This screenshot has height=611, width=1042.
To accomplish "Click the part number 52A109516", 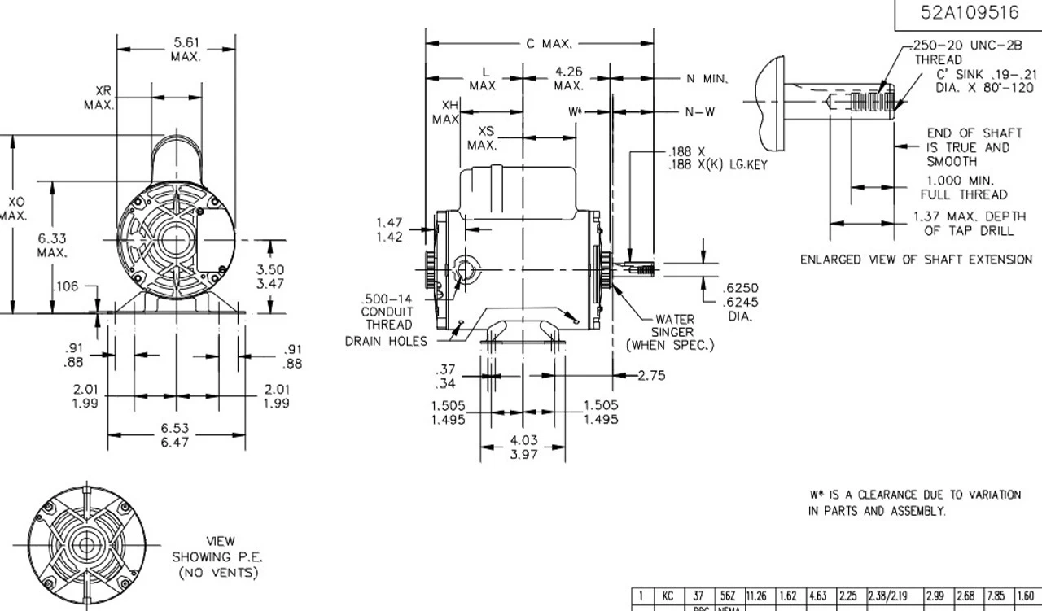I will (x=969, y=13).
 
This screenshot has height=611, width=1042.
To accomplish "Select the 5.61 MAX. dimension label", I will (x=186, y=50).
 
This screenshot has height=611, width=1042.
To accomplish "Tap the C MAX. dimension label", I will (x=549, y=43).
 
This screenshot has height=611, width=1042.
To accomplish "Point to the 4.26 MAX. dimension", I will (x=569, y=79).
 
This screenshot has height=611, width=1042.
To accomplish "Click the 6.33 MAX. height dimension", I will (x=52, y=245).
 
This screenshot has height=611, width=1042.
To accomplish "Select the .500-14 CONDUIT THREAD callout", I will (x=387, y=312).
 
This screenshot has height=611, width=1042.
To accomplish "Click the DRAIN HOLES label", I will (x=385, y=341).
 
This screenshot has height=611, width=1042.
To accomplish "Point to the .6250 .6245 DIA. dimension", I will (x=741, y=302).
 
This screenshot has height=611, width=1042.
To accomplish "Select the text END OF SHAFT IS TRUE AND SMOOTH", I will (x=968, y=147).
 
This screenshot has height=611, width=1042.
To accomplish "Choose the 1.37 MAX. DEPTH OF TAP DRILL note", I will (x=969, y=223).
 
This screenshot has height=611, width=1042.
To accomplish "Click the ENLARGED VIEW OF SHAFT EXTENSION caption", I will (x=916, y=260).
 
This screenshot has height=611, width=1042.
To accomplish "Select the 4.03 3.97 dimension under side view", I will (x=523, y=447).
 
